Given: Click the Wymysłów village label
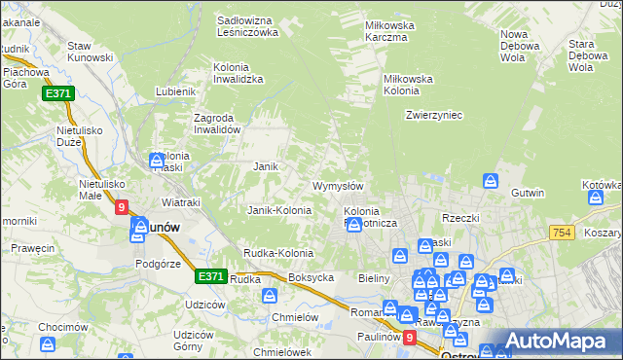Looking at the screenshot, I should (x=338, y=186).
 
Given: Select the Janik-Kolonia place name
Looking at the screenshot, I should (x=279, y=210).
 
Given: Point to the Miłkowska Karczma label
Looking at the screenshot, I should (x=389, y=31).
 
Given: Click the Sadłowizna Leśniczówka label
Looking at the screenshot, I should (x=247, y=25).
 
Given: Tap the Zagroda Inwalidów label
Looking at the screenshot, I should (x=216, y=123).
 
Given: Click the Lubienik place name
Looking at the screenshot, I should (x=176, y=91).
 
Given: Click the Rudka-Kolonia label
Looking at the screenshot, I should (x=278, y=253).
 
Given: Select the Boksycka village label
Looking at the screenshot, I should (x=311, y=277).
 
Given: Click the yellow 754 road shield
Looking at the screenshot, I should (x=560, y=233).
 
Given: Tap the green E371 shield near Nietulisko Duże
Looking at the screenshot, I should (x=57, y=93).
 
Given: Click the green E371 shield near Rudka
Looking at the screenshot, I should (x=211, y=276).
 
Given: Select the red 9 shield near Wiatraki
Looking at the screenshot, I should (x=122, y=207).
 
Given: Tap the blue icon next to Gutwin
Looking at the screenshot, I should (x=492, y=181).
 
